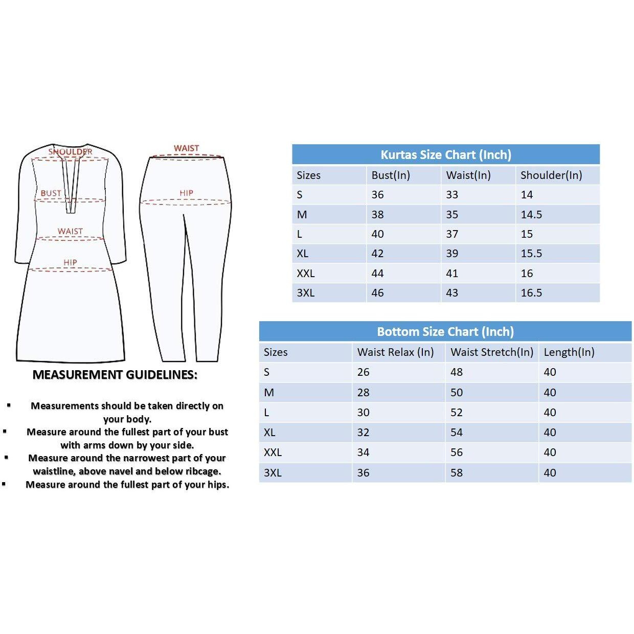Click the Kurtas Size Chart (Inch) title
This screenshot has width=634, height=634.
445,155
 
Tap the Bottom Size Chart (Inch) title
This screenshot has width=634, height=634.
445,332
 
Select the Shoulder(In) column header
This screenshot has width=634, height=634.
551,175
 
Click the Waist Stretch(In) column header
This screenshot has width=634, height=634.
491,352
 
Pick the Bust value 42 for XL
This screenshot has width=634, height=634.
377,254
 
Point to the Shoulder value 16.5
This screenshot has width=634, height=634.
531,293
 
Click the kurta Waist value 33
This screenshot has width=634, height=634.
452,195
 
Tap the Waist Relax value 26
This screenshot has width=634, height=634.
363,372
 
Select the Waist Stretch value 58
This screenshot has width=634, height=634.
456,473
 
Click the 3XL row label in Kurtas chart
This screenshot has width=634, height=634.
305,293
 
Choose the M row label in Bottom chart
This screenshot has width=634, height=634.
269,393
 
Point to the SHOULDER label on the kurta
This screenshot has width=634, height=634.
71,152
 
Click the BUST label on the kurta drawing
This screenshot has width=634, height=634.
51,193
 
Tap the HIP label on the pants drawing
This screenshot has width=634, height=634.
186,193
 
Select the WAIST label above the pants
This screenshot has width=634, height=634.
186,148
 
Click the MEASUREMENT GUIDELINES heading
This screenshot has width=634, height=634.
115,375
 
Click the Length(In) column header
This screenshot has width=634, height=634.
569,352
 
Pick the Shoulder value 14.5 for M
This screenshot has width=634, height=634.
531,215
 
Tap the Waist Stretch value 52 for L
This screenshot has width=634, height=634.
456,413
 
